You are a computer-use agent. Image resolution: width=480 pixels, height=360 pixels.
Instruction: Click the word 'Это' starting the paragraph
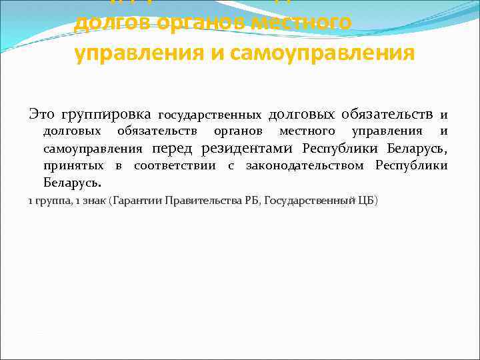(x=42, y=113)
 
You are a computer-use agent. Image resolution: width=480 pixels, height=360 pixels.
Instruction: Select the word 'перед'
(x=175, y=147)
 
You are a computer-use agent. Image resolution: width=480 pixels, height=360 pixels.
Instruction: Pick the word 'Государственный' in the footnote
(x=309, y=200)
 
